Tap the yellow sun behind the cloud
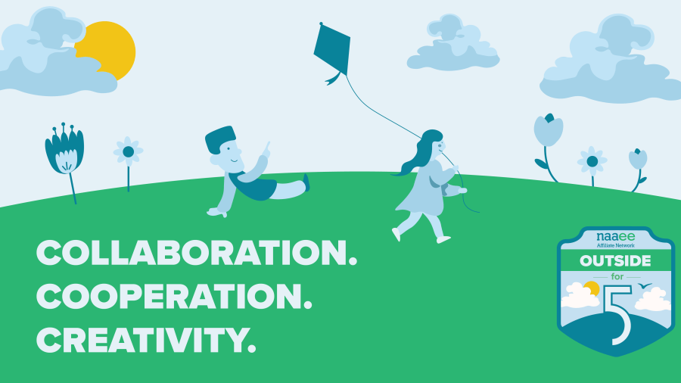click(110, 48)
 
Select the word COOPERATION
click(174, 296)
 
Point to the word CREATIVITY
click(146, 340)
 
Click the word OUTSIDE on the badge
click(615, 261)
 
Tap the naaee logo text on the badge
click(615, 236)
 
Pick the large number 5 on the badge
click(618, 315)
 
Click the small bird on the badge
click(645, 285)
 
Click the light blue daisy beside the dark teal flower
click(128, 151)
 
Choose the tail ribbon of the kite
click(334, 79)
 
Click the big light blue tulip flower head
click(548, 129)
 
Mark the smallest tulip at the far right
click(638, 159)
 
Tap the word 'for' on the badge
click(617, 276)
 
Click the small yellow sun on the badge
click(592, 288)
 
